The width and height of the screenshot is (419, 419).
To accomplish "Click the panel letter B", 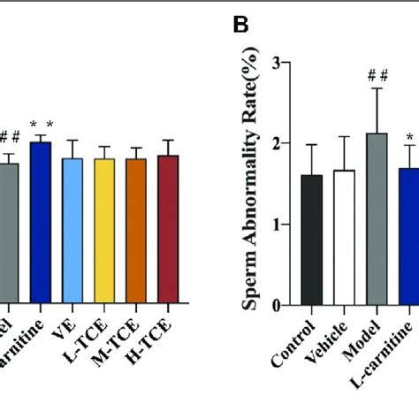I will click(x=241, y=26).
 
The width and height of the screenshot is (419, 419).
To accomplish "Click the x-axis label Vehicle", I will click(x=340, y=345).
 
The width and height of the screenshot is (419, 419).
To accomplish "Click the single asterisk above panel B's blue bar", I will click(x=409, y=136).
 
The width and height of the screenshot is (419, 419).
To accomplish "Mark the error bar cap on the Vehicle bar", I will click(x=344, y=136).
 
